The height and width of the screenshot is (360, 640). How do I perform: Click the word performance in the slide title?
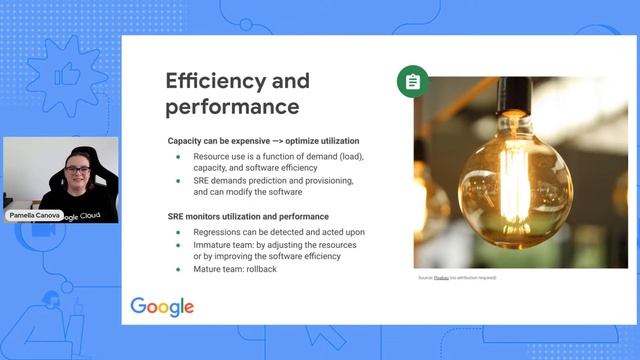(232, 106)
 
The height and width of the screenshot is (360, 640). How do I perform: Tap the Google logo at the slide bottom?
(162, 306)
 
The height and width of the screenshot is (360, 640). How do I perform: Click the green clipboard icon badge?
(412, 81)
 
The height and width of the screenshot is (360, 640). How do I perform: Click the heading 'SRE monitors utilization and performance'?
(248, 216)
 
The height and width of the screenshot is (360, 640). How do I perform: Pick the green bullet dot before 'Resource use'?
(179, 157)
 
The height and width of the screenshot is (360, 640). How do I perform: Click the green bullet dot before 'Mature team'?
(179, 269)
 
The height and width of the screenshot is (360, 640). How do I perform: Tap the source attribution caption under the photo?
(457, 277)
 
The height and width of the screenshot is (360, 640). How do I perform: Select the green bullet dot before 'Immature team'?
(179, 244)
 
